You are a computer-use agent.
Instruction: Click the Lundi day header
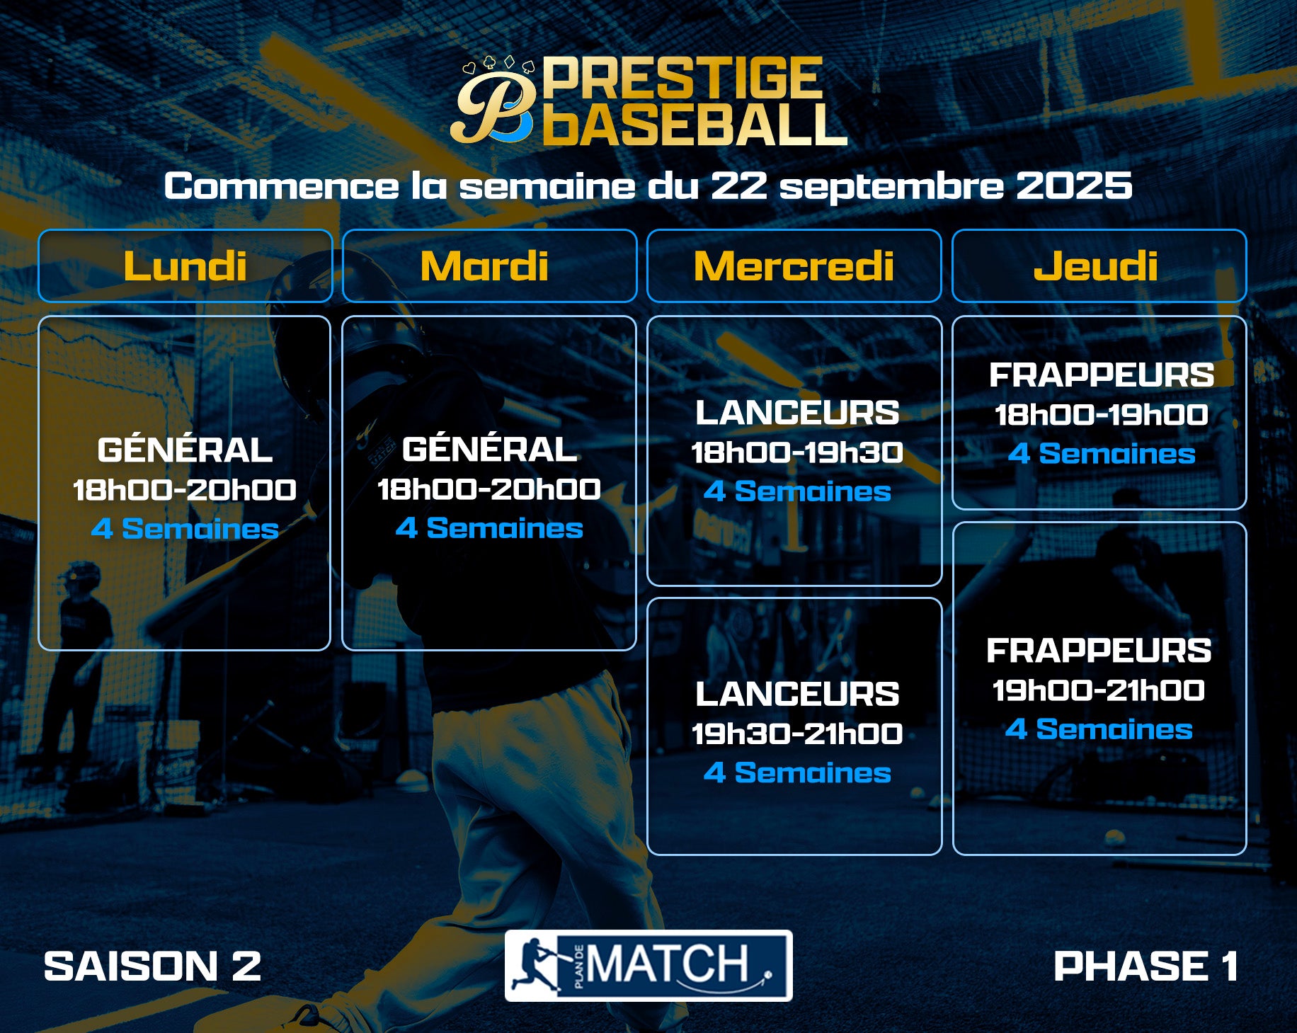click(x=185, y=266)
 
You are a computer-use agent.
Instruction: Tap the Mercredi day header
click(x=794, y=266)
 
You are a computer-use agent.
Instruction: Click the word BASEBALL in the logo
click(x=695, y=125)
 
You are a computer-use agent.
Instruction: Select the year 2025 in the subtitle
click(x=1074, y=186)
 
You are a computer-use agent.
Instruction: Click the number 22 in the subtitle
click(x=739, y=186)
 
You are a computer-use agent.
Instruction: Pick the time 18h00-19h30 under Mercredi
click(x=797, y=452)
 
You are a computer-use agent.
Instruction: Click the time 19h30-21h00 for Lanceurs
click(x=797, y=734)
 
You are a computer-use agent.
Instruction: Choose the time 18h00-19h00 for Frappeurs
click(x=1101, y=415)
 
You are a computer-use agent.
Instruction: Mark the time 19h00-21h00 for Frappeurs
click(x=1099, y=690)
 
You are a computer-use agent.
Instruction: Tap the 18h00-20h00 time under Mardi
click(x=489, y=489)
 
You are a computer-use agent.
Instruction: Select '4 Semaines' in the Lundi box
click(x=185, y=528)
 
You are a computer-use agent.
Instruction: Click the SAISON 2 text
click(x=152, y=966)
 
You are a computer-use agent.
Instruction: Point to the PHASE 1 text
click(x=1145, y=966)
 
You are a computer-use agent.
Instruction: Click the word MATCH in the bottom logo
click(x=667, y=964)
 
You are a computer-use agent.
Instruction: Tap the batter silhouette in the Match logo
click(x=536, y=964)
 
